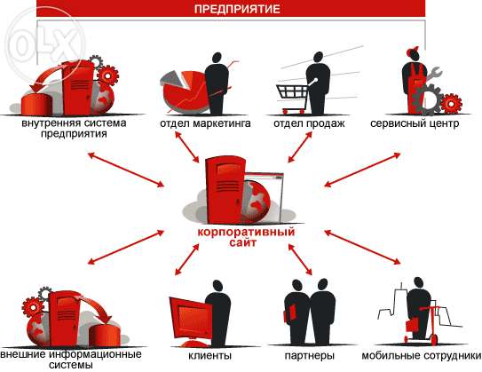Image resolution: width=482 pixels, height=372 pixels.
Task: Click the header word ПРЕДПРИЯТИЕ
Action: click(x=237, y=9)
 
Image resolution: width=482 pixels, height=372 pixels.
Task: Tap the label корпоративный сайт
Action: click(x=246, y=237)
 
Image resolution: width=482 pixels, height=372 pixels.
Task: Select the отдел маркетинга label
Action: click(x=205, y=123)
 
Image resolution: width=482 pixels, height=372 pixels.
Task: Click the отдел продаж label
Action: click(x=309, y=123)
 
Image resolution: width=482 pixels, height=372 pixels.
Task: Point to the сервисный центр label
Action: click(x=415, y=123)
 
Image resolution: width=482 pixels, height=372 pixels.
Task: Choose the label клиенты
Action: click(x=210, y=356)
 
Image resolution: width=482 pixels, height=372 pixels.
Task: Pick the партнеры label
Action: click(x=309, y=356)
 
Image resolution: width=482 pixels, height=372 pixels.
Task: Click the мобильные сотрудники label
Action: click(x=422, y=356)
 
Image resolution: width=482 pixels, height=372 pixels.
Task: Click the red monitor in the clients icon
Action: click(x=191, y=318)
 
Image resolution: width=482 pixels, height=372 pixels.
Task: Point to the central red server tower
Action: click(x=225, y=190)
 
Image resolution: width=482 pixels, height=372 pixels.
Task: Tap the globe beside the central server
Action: click(x=257, y=202)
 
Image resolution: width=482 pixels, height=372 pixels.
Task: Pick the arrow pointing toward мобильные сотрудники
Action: click(x=363, y=247)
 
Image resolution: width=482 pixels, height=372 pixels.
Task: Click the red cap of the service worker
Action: click(x=412, y=51)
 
